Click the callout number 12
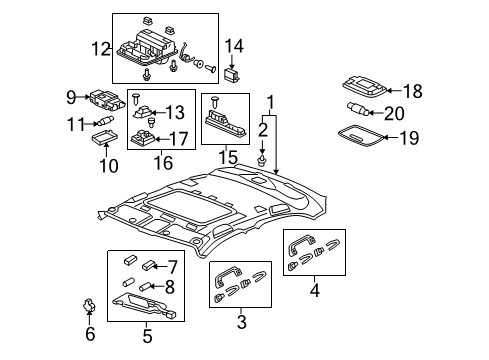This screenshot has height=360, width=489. point(101,49)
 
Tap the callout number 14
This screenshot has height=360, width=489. point(234,46)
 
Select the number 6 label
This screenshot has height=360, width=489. point(90,334)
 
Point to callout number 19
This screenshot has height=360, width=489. point(409,138)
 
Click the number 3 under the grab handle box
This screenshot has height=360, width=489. point(241,322)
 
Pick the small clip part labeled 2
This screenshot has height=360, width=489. point(262,160)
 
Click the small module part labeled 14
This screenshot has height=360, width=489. point(232,75)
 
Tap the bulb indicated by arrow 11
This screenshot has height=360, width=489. point(105,120)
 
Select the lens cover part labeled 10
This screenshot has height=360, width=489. point(105,137)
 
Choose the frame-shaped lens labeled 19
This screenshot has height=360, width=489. point(360,136)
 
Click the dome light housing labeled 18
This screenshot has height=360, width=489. point(365,86)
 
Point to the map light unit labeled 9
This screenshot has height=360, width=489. point(107,100)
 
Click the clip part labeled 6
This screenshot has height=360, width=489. point(89,305)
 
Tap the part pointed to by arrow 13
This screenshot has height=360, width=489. point(143,112)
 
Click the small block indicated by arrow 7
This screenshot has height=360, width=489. point(148,266)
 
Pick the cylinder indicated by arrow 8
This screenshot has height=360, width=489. point(145,286)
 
